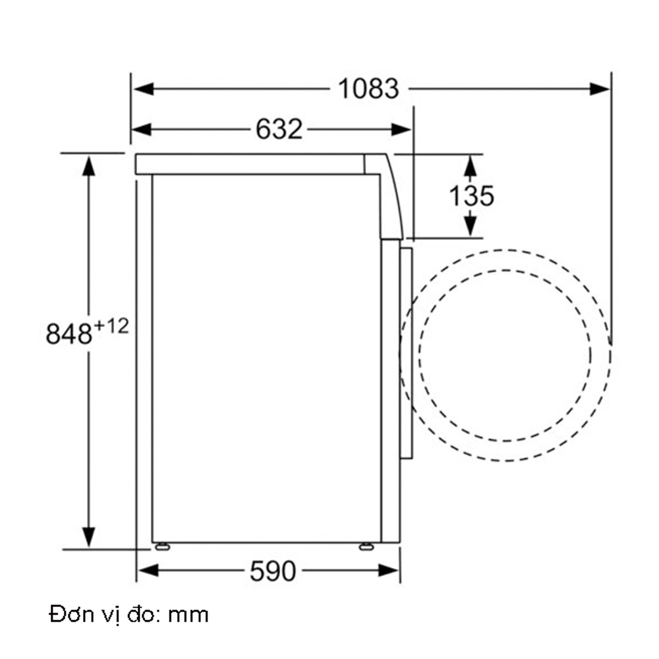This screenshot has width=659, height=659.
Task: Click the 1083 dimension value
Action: [x=368, y=89]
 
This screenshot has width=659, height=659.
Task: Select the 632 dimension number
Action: [x=279, y=129]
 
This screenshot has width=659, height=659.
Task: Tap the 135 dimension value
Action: [x=471, y=196]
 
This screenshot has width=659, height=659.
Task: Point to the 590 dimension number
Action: [x=273, y=571]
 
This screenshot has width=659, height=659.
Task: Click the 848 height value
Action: [x=69, y=335]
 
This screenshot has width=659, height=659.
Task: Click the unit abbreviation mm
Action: [x=188, y=616]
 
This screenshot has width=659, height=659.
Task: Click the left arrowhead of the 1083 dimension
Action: [x=142, y=89]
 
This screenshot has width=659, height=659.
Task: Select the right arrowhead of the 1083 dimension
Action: [x=600, y=89]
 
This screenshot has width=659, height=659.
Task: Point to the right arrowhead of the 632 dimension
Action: [x=401, y=129]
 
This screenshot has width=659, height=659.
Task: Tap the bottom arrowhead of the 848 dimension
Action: [x=88, y=537]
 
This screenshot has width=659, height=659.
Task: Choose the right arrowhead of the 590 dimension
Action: [x=390, y=570]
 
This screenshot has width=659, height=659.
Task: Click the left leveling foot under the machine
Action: [x=161, y=546]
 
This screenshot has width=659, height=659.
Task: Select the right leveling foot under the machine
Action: [x=366, y=546]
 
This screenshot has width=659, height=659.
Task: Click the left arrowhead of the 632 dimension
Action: [x=142, y=129]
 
